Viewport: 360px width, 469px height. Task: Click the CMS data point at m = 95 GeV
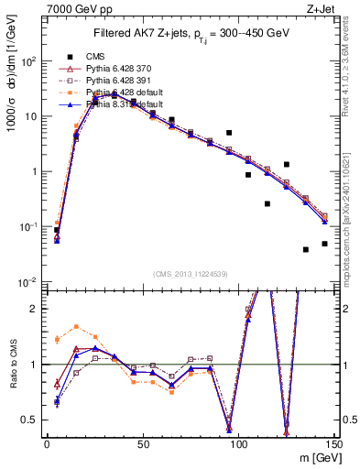tap(229, 133)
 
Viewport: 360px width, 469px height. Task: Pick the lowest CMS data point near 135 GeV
tap(306, 249)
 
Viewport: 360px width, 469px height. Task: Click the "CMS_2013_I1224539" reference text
tap(190, 272)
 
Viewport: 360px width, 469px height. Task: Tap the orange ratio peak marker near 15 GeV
tap(76, 326)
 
